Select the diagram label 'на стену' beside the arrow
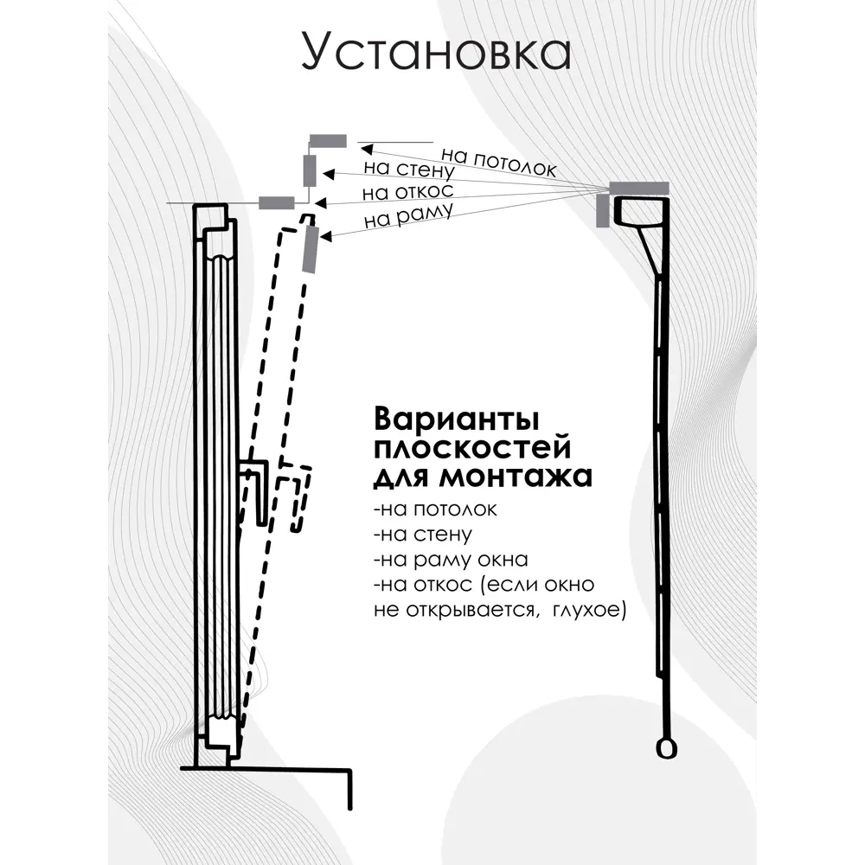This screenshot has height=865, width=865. (x=409, y=169)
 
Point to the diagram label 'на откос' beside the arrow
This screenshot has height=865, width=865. (x=407, y=192)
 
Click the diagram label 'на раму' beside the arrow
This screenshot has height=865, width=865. (x=409, y=215)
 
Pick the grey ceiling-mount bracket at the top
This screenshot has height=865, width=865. (x=328, y=141)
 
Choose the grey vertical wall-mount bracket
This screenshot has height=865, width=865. (x=310, y=171)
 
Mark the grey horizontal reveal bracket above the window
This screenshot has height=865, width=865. (x=277, y=202)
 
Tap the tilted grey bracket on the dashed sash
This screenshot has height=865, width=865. (x=310, y=249)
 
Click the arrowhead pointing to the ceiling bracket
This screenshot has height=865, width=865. (x=366, y=149)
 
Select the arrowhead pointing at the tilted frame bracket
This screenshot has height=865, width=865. (x=325, y=236)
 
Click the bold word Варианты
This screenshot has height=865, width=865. (x=456, y=420)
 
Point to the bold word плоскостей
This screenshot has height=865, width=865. (x=472, y=448)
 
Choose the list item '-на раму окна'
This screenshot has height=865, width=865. (x=451, y=560)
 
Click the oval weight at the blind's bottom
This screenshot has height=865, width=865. (x=666, y=748)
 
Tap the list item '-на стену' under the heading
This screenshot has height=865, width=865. (x=423, y=534)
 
